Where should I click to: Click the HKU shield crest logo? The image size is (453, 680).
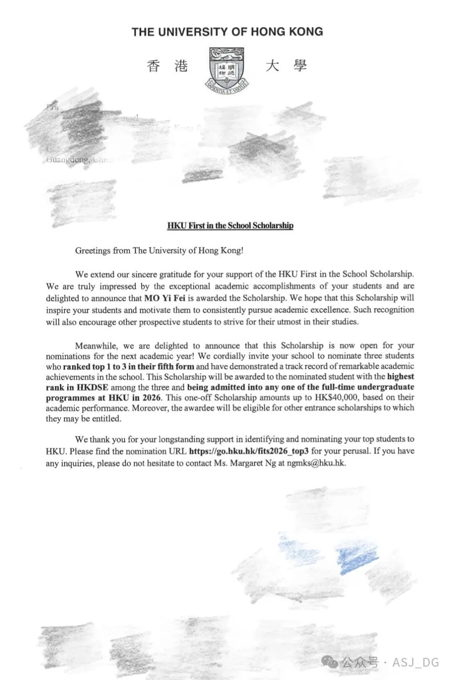(226, 69)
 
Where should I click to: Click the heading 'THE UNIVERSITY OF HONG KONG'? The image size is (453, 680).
(227, 32)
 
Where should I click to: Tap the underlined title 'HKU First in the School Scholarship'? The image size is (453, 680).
(230, 225)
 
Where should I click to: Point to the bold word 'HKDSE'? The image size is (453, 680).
(92, 387)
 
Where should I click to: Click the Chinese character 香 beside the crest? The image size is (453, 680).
(154, 66)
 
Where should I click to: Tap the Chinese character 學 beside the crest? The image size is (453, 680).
(300, 66)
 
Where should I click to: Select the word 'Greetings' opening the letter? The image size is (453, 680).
(93, 251)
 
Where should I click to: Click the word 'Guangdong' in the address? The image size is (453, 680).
(68, 160)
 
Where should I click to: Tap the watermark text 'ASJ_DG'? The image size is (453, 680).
(415, 662)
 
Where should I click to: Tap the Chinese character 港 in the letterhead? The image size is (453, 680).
(181, 66)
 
